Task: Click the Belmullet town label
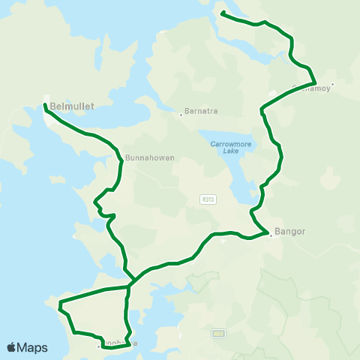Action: (71, 106)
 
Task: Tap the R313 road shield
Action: (208, 199)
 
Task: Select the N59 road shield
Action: (218, 334)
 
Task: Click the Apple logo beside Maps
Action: (11, 347)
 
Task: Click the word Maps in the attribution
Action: (32, 347)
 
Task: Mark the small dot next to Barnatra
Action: (181, 115)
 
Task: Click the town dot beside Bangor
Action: (270, 235)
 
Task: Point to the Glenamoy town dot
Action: (332, 84)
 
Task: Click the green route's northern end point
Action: (223, 13)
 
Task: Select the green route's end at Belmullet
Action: (46, 106)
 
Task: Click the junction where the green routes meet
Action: (133, 283)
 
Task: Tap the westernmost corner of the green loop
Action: (59, 303)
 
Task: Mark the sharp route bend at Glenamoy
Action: (315, 82)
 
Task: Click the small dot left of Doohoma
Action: (98, 346)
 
